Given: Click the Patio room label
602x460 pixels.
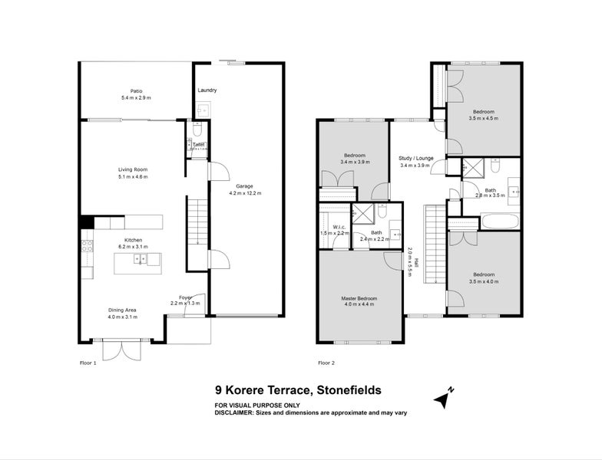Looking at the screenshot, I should pyautogui.click(x=136, y=90).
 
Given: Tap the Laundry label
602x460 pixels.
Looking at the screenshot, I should pyautogui.click(x=207, y=90).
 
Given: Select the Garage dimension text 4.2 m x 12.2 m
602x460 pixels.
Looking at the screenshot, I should pyautogui.click(x=245, y=193).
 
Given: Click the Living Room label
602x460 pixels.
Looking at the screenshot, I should pyautogui.click(x=132, y=169).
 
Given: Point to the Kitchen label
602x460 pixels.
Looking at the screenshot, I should pyautogui.click(x=132, y=238).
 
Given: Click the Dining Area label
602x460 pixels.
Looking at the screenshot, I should pyautogui.click(x=123, y=310).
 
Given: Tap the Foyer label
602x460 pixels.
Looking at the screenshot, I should pyautogui.click(x=185, y=297).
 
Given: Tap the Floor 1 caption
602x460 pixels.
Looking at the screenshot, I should pyautogui.click(x=88, y=363).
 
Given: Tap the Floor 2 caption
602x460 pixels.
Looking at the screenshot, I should pyautogui.click(x=327, y=363).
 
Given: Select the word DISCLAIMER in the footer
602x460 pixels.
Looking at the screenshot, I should pyautogui.click(x=241, y=412).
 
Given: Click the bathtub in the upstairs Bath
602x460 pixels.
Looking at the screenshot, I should pyautogui.click(x=500, y=222).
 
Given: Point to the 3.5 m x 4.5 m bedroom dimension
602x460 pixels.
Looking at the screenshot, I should pyautogui.click(x=484, y=118).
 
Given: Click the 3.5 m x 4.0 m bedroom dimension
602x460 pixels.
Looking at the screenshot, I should pyautogui.click(x=484, y=281).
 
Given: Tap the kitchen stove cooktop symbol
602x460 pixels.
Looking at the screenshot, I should pyautogui.click(x=88, y=246).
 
